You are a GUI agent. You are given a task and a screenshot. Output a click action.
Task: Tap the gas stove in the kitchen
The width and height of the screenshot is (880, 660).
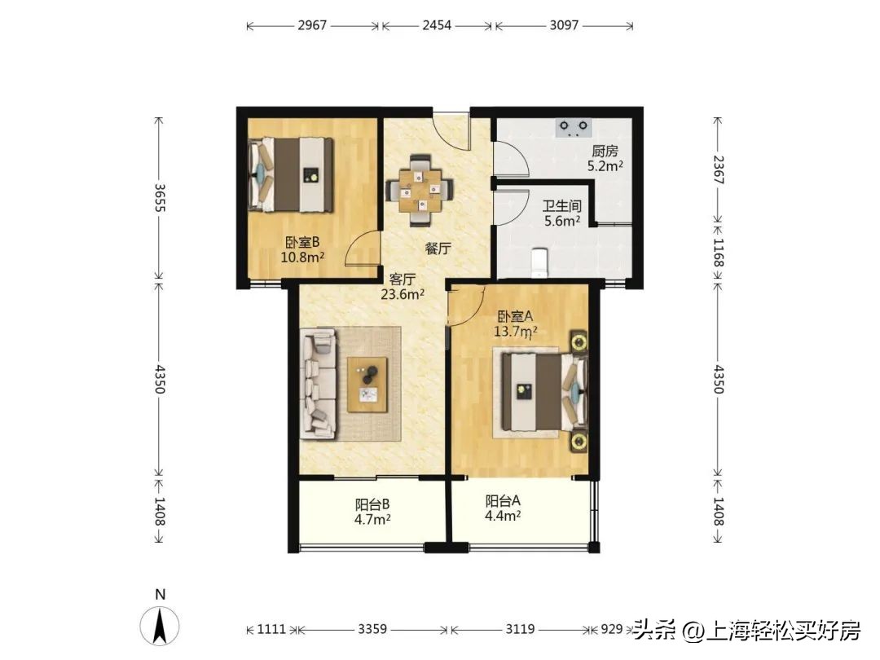tap(573, 126)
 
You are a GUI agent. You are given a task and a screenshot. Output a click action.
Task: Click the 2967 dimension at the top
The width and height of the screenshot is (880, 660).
tap(312, 25)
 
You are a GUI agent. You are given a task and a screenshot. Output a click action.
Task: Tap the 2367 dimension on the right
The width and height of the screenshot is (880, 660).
tap(718, 169)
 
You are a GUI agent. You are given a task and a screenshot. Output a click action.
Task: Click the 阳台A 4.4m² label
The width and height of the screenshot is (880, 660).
tap(503, 508)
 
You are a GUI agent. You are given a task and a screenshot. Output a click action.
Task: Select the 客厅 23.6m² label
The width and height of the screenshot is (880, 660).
tap(403, 286)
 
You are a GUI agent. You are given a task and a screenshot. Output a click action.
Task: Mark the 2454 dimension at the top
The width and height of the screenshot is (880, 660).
tap(436, 25)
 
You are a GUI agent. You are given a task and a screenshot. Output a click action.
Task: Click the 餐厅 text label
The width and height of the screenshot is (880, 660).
tap(438, 249)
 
